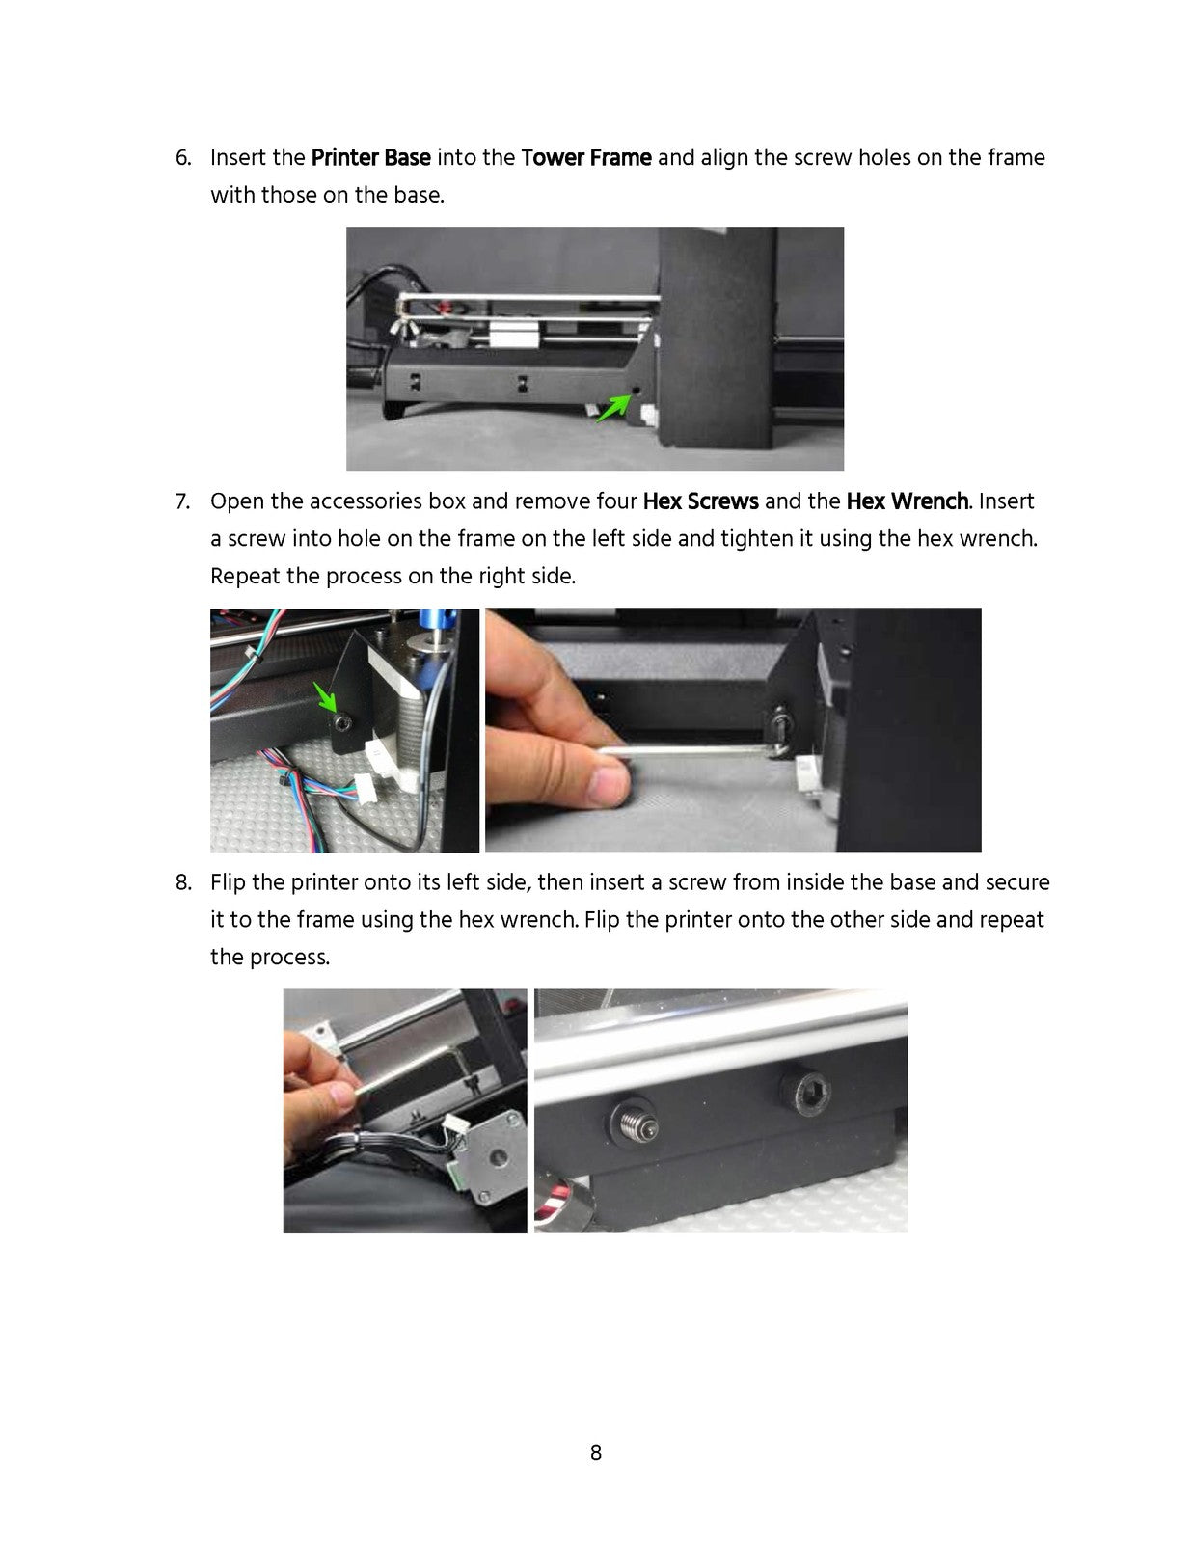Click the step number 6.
(183, 157)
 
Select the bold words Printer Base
(370, 157)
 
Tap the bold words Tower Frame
(585, 157)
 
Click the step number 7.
(182, 501)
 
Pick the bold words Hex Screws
(700, 501)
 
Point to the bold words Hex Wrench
(907, 501)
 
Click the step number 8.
(183, 882)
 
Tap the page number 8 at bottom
(596, 1452)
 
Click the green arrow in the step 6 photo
(613, 409)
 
